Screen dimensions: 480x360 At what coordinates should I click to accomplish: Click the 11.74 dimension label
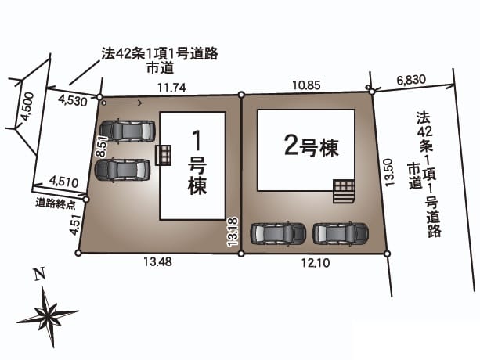[x=171, y=88]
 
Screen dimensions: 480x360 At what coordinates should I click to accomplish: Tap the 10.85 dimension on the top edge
[x=306, y=85]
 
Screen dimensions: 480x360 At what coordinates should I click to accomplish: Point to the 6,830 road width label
[x=411, y=80]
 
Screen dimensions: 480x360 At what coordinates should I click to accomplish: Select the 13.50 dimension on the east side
[x=388, y=172]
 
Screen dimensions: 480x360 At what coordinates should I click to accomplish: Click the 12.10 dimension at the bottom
[x=316, y=262]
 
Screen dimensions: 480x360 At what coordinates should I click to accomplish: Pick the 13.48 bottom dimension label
[x=157, y=261]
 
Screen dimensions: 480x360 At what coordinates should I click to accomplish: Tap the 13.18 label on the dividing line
[x=233, y=231]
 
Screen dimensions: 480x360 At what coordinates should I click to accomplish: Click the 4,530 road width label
[x=73, y=100]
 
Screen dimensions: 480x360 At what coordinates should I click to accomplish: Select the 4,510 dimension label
[x=64, y=182]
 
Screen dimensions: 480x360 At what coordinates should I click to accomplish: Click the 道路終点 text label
[x=55, y=203]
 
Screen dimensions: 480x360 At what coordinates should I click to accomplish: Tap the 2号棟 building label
[x=312, y=148]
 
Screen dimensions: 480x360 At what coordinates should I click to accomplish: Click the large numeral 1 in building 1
[x=197, y=141]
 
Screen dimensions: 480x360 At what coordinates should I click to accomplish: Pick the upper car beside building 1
[x=128, y=131]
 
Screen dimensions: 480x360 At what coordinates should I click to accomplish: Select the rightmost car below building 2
[x=341, y=234]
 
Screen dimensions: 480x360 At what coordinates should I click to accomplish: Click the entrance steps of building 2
[x=344, y=192]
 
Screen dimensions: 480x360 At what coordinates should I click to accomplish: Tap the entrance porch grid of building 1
[x=163, y=156]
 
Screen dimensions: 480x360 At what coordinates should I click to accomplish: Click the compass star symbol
[x=48, y=315]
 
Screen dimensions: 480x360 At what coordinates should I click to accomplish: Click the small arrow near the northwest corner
[x=122, y=103]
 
